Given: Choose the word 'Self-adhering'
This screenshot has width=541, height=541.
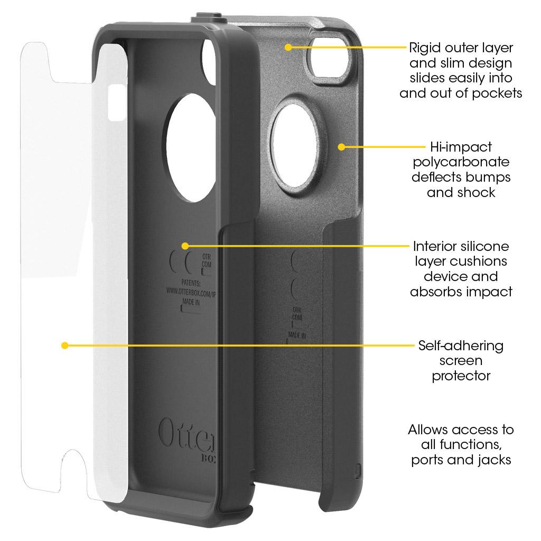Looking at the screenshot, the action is pyautogui.click(x=461, y=346).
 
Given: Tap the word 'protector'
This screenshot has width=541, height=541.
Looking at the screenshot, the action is pyautogui.click(x=461, y=376).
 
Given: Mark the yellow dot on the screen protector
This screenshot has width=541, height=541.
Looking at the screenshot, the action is pyautogui.click(x=64, y=346).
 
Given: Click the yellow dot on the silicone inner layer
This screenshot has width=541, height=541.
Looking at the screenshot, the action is pyautogui.click(x=184, y=246).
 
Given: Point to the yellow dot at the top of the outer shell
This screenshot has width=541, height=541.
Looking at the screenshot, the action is pyautogui.click(x=288, y=47).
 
